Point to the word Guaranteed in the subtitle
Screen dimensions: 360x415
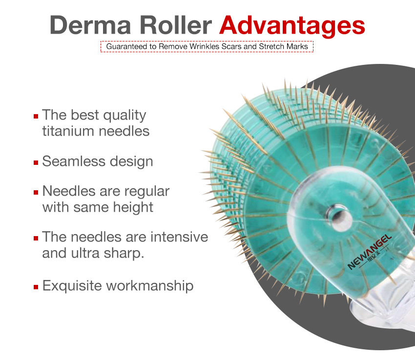(125, 47)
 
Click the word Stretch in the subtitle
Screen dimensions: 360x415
(272, 47)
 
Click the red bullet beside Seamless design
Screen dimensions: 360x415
(36, 162)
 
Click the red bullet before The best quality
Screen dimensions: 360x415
(36, 116)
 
